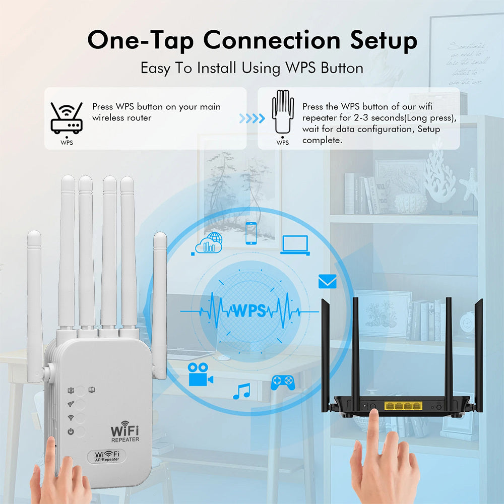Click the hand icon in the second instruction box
coord(283,112)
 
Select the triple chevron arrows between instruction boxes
coord(251,118)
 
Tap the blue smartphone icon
coord(250,233)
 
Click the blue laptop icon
coord(295,245)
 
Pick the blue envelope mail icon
coord(327,281)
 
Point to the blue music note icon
coord(242,391)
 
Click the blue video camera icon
coord(200,374)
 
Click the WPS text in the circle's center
coord(248,310)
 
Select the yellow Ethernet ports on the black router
coord(402,405)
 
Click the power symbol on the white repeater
coord(71,431)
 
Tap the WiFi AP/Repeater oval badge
coord(107,456)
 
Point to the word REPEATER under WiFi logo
coord(124,439)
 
